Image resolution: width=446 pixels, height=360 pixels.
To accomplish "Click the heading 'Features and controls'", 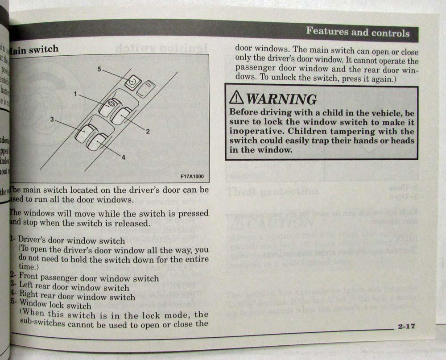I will click(357, 33).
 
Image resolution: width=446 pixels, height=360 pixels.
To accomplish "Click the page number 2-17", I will click(406, 326).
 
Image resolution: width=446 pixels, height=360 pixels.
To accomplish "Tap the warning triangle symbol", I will click(237, 99).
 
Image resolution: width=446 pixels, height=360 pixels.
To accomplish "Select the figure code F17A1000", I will click(192, 176).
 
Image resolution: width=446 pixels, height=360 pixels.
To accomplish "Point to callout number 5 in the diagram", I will click(99, 69).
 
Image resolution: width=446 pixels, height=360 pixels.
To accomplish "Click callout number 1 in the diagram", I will click(76, 94).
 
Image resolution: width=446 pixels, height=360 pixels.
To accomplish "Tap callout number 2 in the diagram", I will click(147, 131).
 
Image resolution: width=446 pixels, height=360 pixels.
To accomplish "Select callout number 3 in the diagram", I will click(52, 120).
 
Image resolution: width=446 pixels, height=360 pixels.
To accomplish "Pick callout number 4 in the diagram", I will click(123, 157).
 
